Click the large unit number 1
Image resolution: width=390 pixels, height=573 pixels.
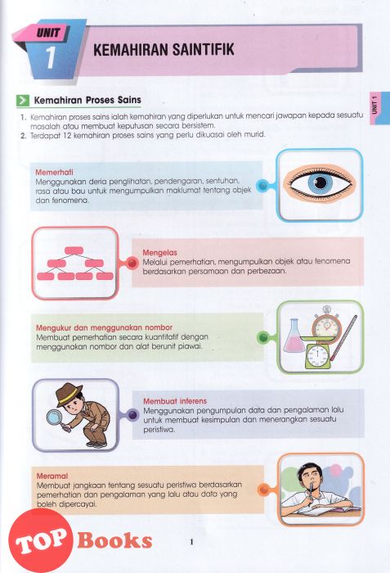pos(51,57)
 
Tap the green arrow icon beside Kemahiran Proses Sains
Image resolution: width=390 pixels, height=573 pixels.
pos(23,100)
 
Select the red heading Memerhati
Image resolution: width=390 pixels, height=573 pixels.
pos(54,172)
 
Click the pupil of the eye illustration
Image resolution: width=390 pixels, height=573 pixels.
pos(321,183)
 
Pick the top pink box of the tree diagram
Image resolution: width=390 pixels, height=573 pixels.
pos(74,250)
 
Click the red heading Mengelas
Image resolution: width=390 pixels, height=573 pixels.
pos(159,252)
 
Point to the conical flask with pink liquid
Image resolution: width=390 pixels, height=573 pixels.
pos(294,336)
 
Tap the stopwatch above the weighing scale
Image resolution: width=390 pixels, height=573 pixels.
pos(326,324)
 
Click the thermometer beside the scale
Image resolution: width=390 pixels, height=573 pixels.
pos(343,337)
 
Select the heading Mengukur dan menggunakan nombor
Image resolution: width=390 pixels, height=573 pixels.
pos(104,327)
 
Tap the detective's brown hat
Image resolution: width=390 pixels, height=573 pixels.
pos(69,393)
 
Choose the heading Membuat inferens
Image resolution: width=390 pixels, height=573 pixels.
pos(175,401)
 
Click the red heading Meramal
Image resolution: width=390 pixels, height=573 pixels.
pos(52,476)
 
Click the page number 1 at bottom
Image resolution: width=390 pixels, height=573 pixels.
pos(191,542)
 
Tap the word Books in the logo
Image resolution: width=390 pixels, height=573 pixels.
pos(114,540)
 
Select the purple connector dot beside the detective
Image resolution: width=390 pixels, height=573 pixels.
pos(133,415)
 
